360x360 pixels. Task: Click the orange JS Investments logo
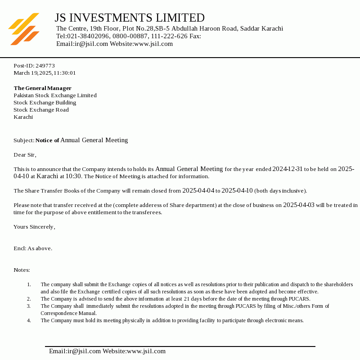tap(24, 29)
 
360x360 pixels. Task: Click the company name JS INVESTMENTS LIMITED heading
tap(130, 18)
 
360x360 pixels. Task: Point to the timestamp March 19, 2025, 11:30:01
tap(45, 73)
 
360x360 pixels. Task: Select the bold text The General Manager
tap(42, 88)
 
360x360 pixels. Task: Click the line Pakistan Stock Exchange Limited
tap(55, 95)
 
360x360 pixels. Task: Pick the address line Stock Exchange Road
tap(41, 110)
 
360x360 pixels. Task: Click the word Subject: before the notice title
tap(23, 140)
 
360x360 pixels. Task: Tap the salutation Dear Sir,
tap(25, 155)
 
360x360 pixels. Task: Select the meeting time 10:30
tap(73, 176)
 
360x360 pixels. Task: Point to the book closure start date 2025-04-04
tap(198, 191)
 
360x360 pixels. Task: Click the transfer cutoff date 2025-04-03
tap(299, 205)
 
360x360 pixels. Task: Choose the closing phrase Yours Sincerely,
tap(34, 227)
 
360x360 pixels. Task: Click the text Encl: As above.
tap(33, 248)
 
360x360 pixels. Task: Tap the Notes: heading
tap(22, 270)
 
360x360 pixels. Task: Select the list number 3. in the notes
tap(29, 306)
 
